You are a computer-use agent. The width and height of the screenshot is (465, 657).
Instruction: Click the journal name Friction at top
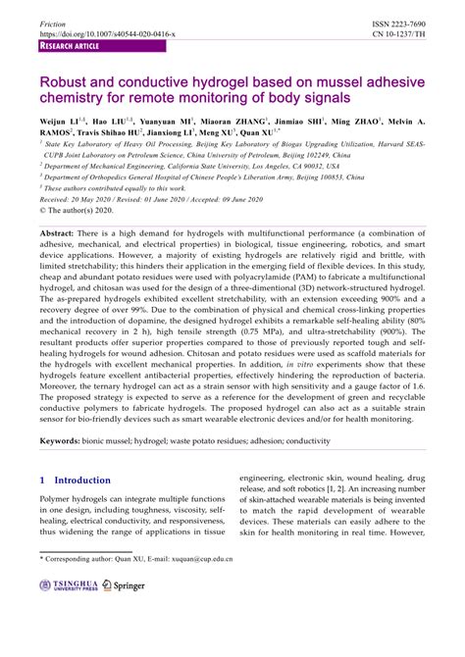pyautogui.click(x=52, y=22)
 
